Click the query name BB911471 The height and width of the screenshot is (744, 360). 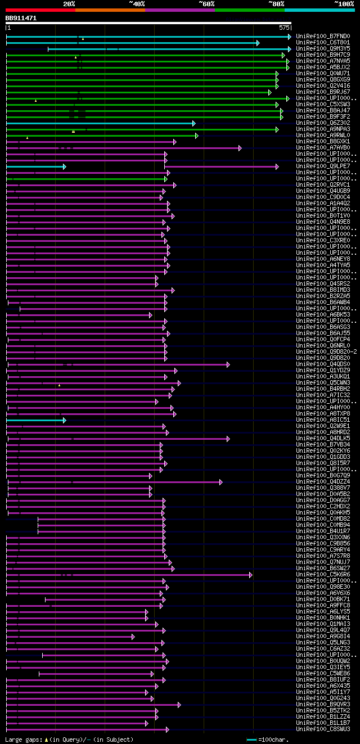21,18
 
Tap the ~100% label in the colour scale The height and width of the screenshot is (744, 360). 344,4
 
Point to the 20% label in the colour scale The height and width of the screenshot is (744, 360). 69,4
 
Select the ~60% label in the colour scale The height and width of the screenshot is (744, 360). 206,4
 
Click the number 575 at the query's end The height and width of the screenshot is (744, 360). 283,28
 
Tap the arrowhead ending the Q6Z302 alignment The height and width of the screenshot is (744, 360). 193,123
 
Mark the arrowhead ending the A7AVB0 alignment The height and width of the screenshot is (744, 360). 240,148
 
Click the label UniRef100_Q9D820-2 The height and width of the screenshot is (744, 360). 326,351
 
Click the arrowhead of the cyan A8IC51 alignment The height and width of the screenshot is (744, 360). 65,420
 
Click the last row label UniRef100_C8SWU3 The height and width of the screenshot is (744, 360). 323,729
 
